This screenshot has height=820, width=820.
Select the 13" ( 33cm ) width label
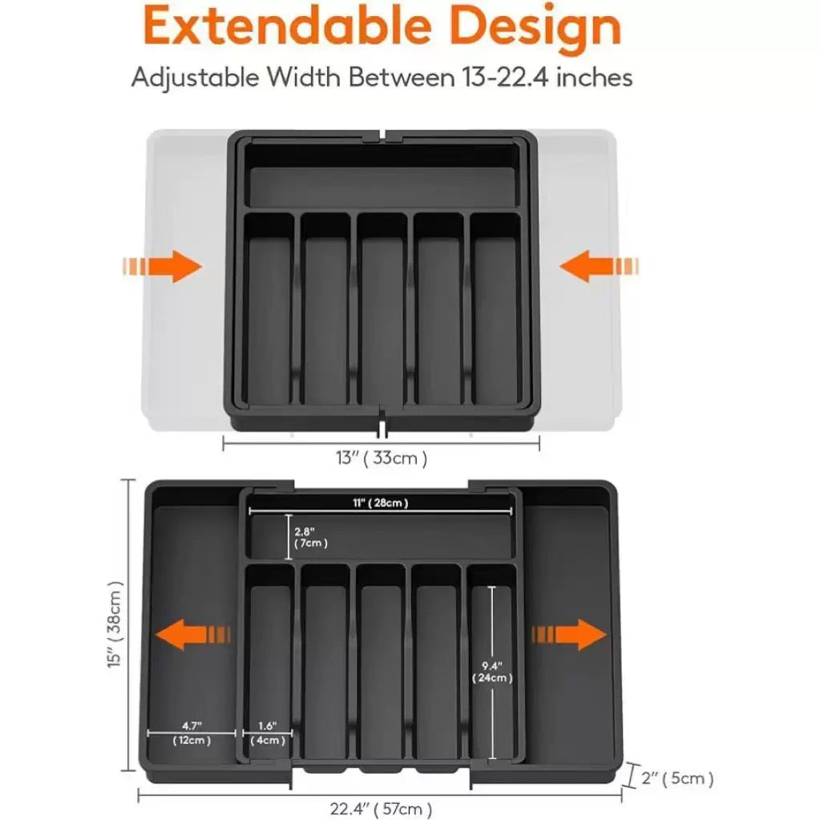(381, 458)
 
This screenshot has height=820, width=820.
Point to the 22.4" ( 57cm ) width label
(381, 808)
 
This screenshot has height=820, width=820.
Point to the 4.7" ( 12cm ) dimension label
(192, 733)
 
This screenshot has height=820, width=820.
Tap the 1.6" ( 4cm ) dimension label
(268, 733)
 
